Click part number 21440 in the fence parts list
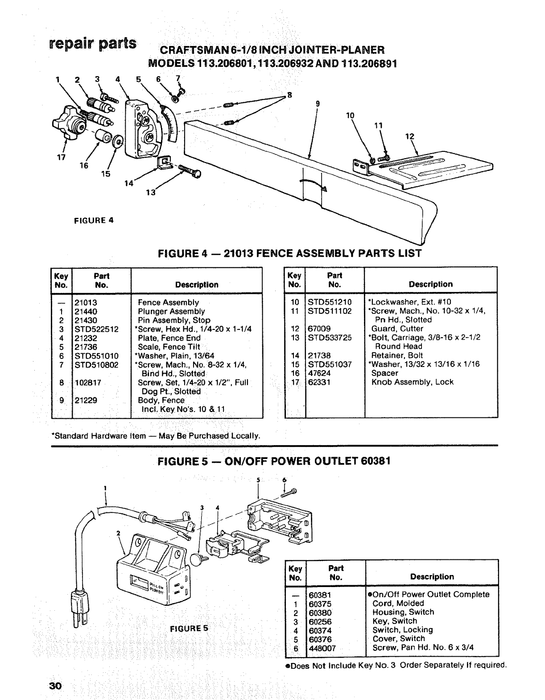86,311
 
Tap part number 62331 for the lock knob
319,382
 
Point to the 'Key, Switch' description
395,621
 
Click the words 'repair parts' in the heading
93,45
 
